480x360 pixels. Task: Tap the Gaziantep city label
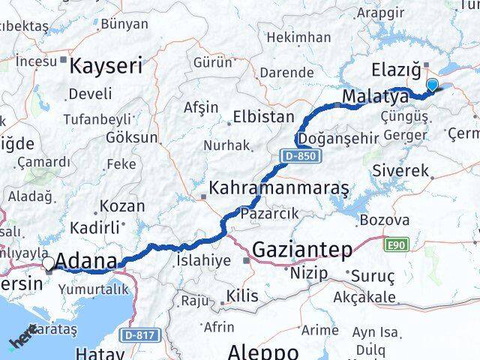coord(301,250)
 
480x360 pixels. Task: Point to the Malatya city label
coord(375,97)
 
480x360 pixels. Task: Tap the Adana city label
coord(87,262)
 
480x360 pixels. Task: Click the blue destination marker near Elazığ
coord(432,85)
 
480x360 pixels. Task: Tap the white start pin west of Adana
coord(49,263)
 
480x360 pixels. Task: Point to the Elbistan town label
coord(263,117)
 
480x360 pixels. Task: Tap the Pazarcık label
coord(269,214)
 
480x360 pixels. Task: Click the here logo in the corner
coord(22,339)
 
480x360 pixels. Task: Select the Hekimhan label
coord(298,37)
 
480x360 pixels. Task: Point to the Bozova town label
coord(384,220)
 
